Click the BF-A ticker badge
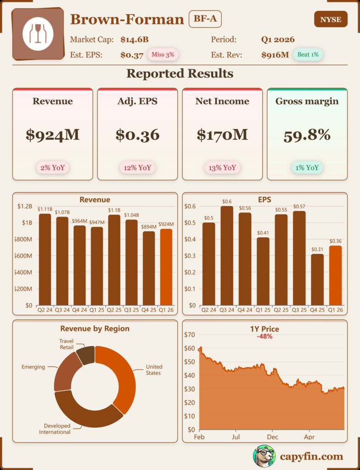coord(205,20)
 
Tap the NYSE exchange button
coord(331,20)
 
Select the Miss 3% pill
coord(163,55)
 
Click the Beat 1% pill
coord(308,55)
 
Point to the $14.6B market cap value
coord(135,39)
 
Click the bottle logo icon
coord(38,34)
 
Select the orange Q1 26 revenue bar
coord(166,267)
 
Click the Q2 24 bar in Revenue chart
coord(45,259)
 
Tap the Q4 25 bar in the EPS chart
coord(317,280)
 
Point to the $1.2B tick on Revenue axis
coord(24,207)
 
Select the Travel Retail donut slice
coord(86,355)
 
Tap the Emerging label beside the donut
coord(33,367)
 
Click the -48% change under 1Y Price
coord(264,336)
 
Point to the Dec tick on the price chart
coord(272,437)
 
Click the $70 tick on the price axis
coord(189,335)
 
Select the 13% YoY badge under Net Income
coord(222,168)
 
